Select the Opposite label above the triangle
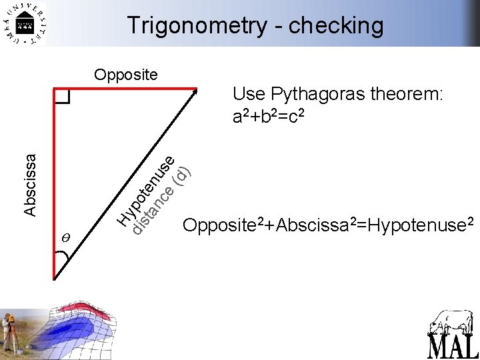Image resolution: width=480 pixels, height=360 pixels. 126,74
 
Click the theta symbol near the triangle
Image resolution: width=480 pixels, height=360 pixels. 65,237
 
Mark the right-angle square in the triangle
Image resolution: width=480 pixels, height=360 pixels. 62,97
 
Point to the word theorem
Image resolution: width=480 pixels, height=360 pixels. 405,95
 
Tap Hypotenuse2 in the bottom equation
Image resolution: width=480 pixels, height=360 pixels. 420,225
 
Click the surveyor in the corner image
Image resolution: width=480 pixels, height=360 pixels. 9,333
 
